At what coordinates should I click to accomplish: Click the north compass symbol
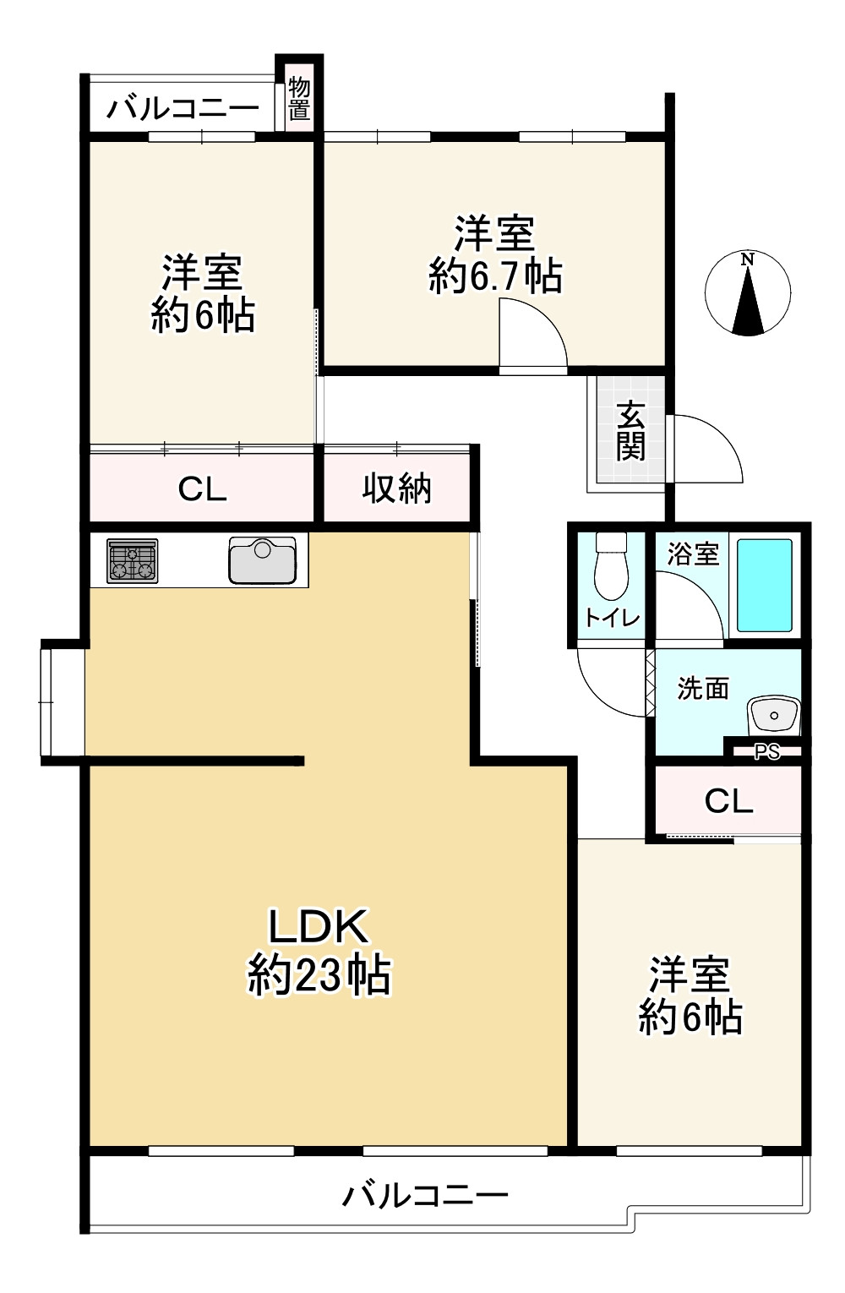[748, 293]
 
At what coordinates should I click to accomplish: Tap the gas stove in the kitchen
[133, 561]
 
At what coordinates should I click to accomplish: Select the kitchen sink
[262, 560]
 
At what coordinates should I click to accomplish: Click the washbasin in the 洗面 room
[773, 716]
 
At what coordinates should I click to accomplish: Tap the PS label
[766, 751]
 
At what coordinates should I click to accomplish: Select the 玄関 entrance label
[630, 432]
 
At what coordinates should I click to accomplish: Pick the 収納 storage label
[397, 488]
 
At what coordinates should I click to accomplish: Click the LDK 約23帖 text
[319, 951]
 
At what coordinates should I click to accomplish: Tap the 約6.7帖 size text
[495, 276]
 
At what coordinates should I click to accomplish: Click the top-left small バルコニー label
[183, 109]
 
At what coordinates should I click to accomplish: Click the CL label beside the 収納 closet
[202, 488]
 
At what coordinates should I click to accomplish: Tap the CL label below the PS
[728, 800]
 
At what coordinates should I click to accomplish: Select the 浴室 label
[693, 554]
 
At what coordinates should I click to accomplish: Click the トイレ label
[612, 619]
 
